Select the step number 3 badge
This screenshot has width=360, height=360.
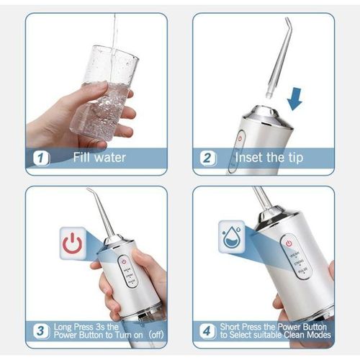[x=42, y=331]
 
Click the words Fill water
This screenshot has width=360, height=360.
[x=100, y=158]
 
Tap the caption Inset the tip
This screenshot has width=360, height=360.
[x=269, y=158]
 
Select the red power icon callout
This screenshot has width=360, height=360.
[x=73, y=243]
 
